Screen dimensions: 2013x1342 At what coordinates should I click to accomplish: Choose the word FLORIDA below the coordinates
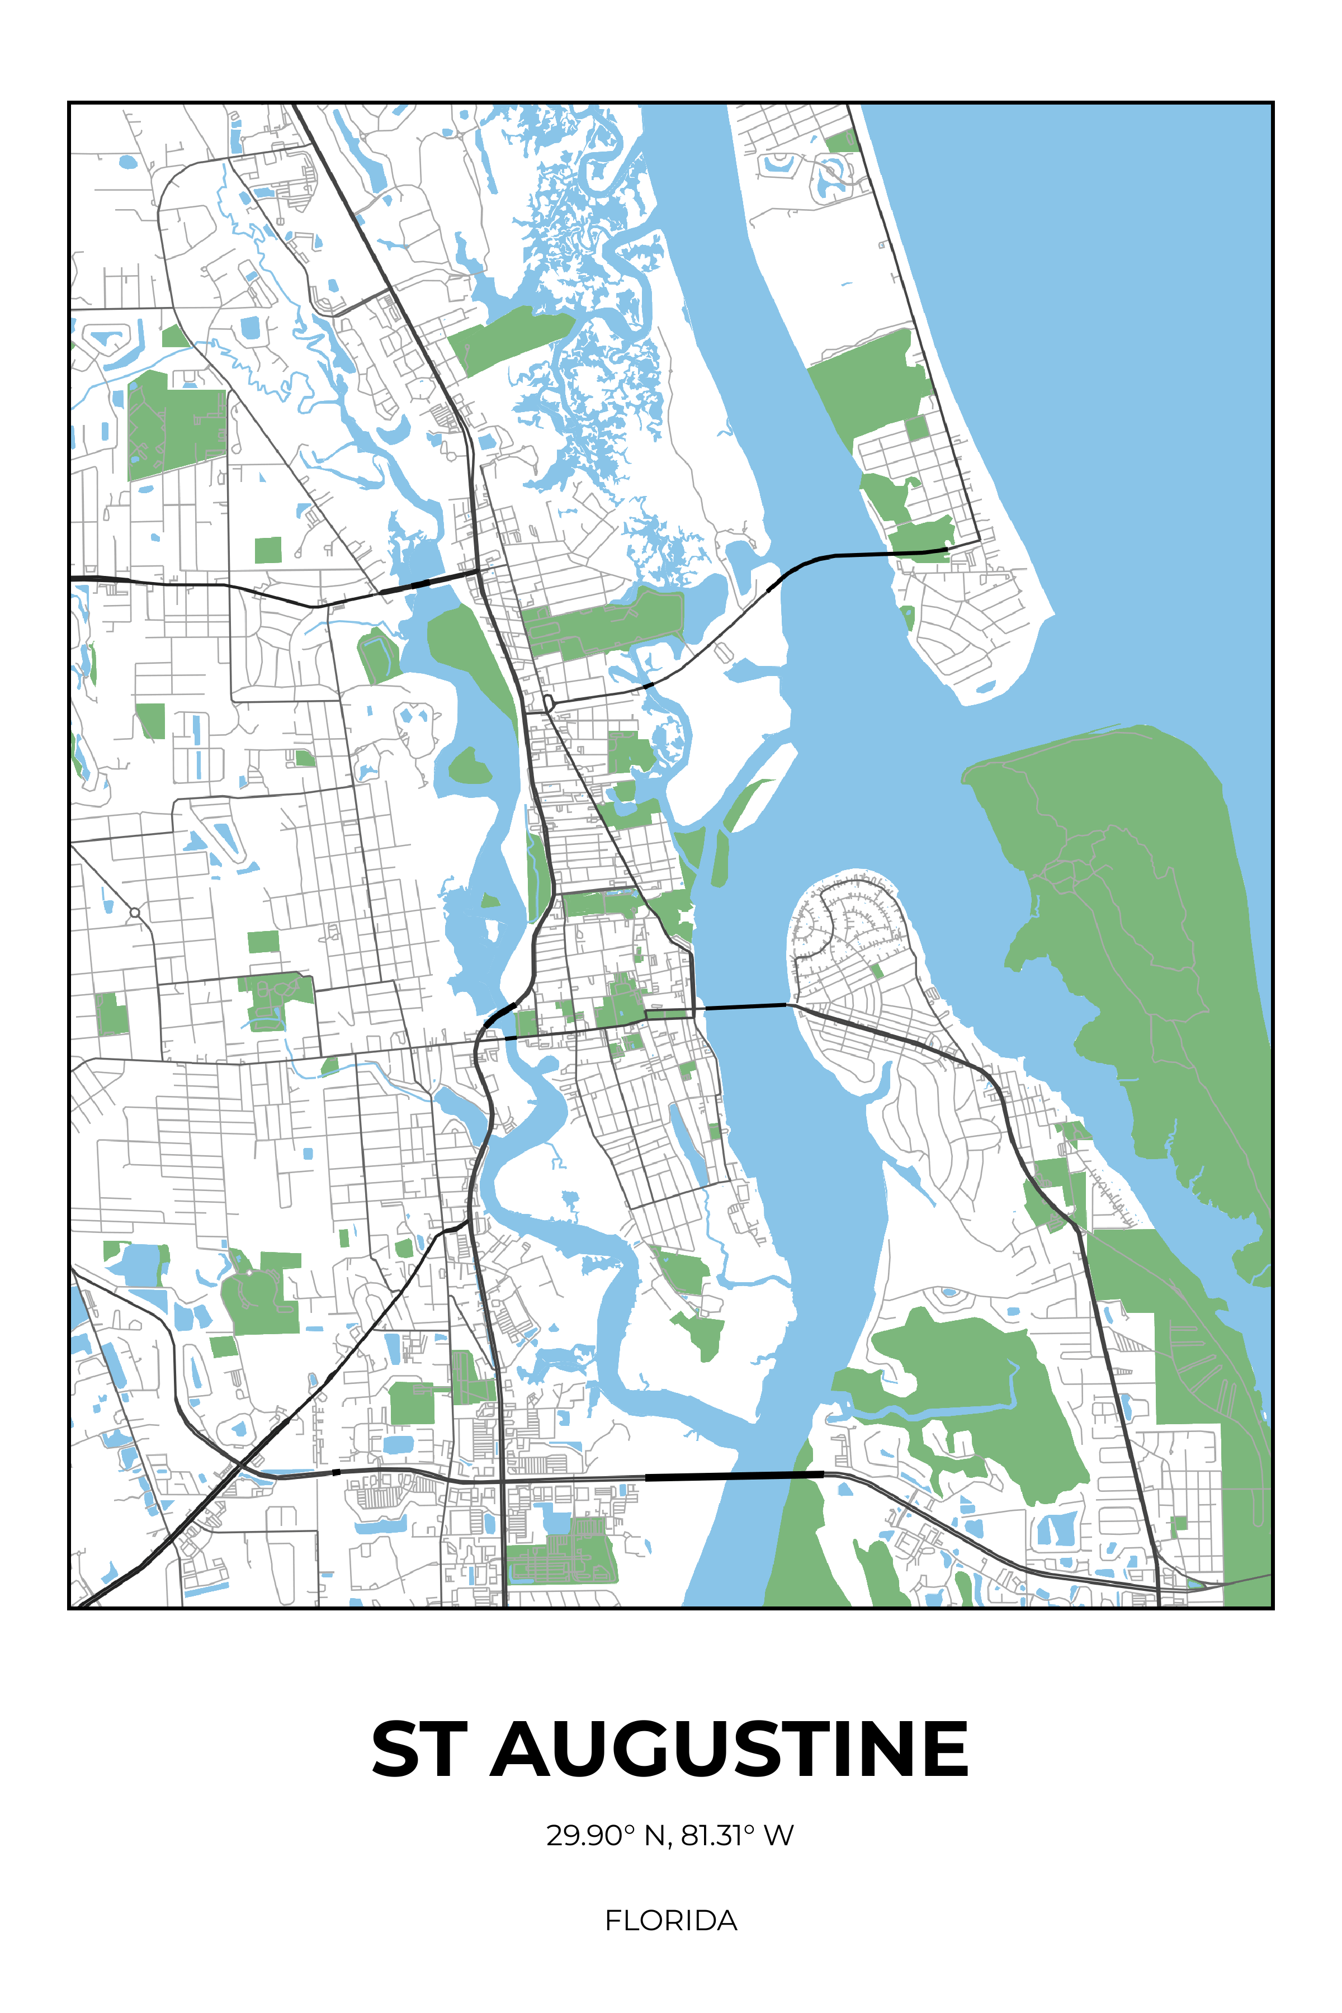(x=671, y=1921)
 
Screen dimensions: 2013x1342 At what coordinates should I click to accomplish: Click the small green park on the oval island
(x=876, y=971)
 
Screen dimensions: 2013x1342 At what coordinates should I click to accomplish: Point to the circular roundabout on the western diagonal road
(x=134, y=913)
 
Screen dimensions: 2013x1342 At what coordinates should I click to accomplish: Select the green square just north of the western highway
(x=268, y=550)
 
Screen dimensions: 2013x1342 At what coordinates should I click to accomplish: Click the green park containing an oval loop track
(x=379, y=654)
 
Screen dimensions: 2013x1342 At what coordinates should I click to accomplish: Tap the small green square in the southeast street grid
(x=1179, y=1523)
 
